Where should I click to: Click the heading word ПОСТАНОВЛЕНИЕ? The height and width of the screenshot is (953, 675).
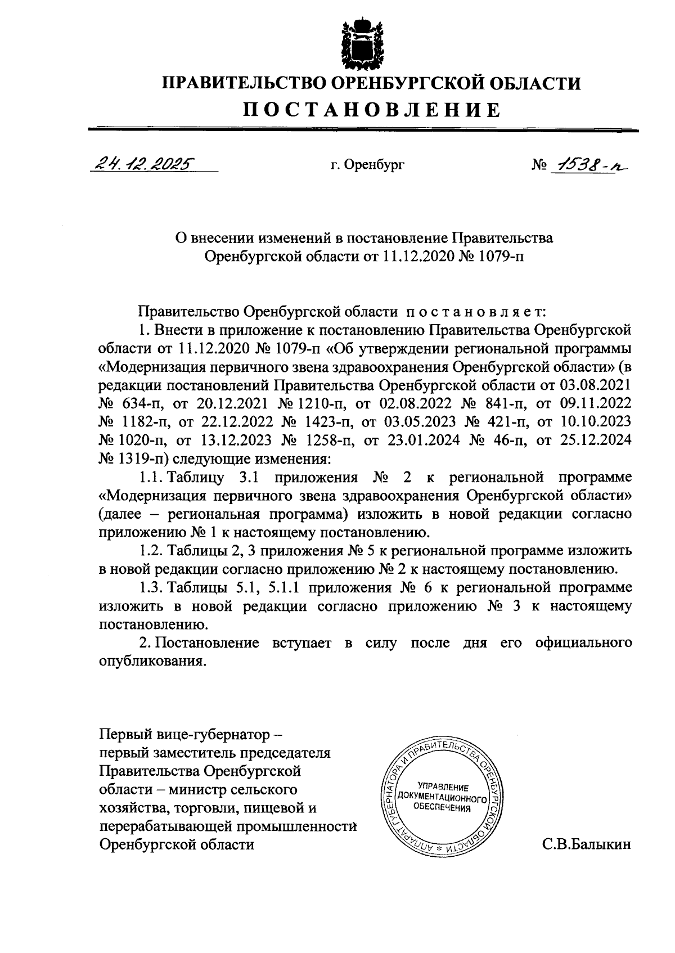coord(371,110)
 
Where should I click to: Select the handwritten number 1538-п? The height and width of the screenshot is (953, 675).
coord(589,164)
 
